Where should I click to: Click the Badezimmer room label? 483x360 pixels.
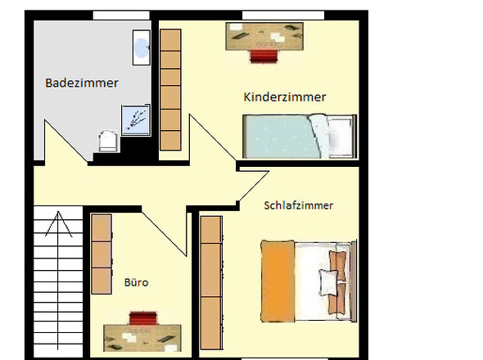pos(82,83)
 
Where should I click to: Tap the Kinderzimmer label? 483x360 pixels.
pos(285,97)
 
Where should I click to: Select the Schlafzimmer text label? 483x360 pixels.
pos(299,205)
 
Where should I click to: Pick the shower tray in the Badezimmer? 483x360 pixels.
pos(135,119)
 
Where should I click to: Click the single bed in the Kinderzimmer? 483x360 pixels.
pos(299,137)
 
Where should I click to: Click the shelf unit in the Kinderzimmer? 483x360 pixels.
pos(170,89)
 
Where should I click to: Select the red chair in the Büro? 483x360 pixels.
pos(142,317)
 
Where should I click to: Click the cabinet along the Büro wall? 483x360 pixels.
pos(101,254)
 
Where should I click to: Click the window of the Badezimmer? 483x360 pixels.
pos(120,15)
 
